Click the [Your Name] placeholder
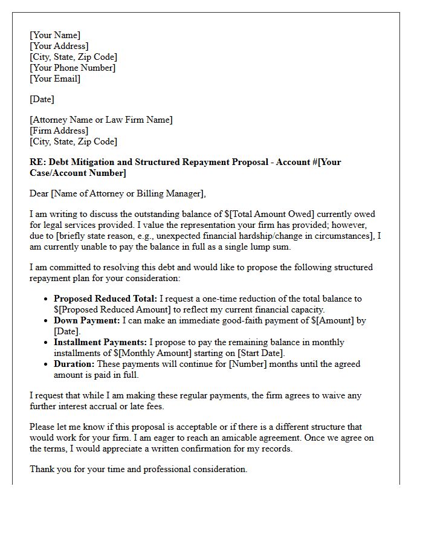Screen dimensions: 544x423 pos(54,35)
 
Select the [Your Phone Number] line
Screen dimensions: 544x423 pos(73,68)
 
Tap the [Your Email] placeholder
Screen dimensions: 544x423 pos(55,79)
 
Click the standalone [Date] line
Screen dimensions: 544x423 pos(42,99)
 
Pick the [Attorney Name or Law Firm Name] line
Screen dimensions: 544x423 pos(101,120)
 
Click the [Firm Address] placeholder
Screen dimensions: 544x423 pos(59,131)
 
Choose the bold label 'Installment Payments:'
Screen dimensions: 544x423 pos(100,342)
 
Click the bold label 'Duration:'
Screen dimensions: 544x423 pos(74,364)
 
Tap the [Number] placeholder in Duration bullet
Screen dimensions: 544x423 pos(244,364)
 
